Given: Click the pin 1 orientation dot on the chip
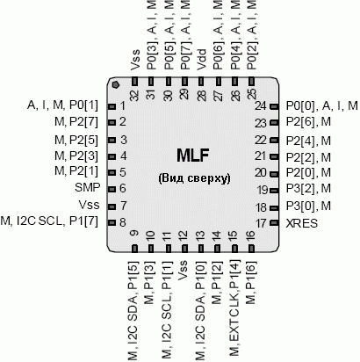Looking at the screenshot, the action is coord(116,84).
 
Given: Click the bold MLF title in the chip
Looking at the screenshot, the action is coord(193,156).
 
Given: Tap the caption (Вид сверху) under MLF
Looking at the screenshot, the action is coord(194,178).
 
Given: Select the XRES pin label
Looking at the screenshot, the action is coord(301,224).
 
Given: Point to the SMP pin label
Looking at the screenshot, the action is coord(87,187).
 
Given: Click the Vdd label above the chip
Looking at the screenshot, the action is coord(201,59).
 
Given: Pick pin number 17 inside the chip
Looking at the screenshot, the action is coord(261,224).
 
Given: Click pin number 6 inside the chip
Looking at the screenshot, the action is coord(123,188).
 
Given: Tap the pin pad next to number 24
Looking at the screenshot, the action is coord(274,106).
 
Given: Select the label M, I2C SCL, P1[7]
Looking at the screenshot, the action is coord(49,221).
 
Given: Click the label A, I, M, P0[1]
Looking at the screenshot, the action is coord(62,105).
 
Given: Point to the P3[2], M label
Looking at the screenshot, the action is coord(308,189).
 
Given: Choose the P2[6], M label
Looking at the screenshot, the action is coord(308,121).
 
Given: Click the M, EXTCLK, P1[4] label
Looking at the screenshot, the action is coord(234,308).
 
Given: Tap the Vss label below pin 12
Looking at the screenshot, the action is coord(184,271).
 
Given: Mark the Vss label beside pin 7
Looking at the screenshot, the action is coord(89,205).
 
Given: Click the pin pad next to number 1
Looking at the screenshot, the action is coord(112,106).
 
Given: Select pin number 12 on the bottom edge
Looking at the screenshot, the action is coord(184,236).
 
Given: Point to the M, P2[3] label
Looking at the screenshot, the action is coord(76,156).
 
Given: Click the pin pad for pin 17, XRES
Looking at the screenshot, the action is coord(274,223).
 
